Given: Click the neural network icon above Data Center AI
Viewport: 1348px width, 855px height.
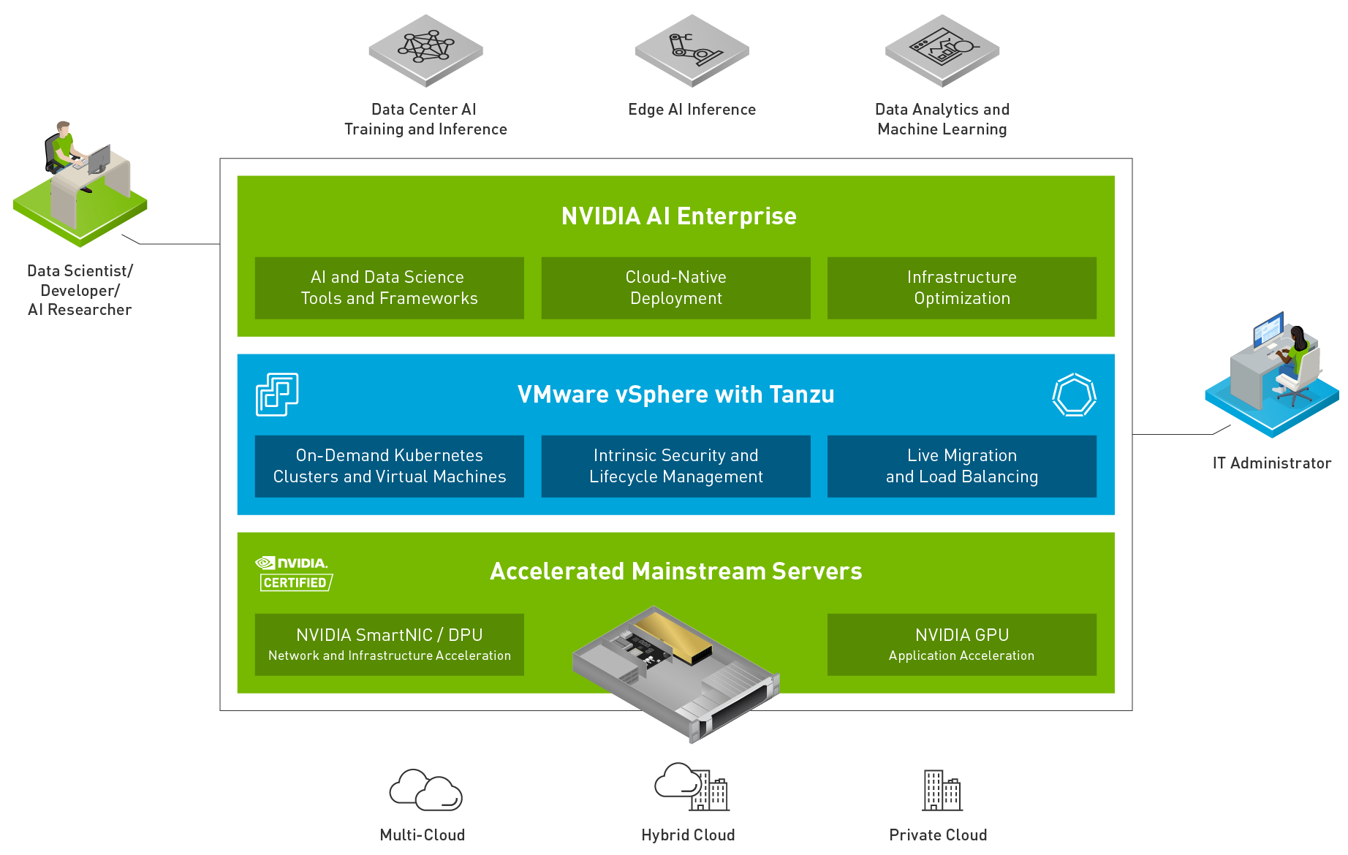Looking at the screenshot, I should (425, 48).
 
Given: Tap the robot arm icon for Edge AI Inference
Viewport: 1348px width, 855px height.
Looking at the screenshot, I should (692, 49).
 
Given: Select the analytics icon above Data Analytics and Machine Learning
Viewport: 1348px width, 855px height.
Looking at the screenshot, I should (942, 49).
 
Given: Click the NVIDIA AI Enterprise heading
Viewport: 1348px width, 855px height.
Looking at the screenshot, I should (678, 216).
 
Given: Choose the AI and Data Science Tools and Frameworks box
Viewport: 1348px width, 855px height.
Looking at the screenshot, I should (389, 288).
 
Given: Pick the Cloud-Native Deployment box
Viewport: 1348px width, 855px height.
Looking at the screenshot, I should (675, 288).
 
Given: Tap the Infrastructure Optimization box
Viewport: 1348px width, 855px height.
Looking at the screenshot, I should (961, 288).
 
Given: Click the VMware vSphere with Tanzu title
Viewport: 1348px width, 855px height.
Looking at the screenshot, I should (675, 395).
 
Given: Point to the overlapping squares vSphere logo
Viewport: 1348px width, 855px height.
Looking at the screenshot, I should (277, 395).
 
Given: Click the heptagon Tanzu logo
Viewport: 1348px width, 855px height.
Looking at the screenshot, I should (1074, 395).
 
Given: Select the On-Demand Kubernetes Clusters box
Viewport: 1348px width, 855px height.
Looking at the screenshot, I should (389, 466).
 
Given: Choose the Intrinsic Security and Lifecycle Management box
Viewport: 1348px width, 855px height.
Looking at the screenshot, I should (675, 466).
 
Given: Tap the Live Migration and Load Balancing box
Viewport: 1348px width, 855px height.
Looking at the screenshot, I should (961, 466).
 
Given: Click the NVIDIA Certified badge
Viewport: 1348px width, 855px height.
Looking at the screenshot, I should (295, 574).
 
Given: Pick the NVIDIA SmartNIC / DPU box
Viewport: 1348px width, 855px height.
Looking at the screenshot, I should (389, 645).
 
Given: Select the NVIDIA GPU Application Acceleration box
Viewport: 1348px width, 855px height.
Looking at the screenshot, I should (961, 645).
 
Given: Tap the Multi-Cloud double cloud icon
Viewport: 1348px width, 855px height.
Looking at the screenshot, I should (425, 790).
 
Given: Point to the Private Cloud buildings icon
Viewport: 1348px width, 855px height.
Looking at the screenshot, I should (942, 790).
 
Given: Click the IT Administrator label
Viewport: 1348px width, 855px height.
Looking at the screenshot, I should (1271, 463).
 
